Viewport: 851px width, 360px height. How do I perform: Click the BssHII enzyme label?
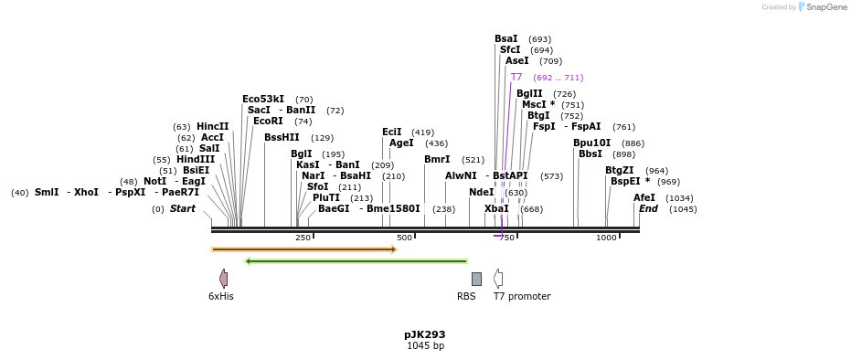(282, 138)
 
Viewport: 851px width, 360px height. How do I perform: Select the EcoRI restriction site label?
(268, 121)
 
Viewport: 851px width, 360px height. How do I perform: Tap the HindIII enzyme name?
(196, 159)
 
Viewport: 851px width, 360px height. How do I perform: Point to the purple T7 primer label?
(516, 77)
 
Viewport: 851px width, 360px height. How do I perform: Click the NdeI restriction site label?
(482, 193)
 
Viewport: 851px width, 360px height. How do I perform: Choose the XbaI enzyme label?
(496, 208)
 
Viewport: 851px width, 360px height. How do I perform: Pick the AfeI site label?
(644, 198)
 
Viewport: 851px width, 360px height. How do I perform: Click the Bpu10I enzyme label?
(592, 143)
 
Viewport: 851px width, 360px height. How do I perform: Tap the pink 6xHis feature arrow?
(223, 279)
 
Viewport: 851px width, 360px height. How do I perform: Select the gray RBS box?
(476, 279)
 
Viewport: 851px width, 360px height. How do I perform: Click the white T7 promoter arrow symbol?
(497, 279)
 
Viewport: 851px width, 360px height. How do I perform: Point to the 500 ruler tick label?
(404, 238)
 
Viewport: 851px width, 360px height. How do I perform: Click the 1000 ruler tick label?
(607, 238)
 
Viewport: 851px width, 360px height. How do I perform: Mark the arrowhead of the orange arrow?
(395, 249)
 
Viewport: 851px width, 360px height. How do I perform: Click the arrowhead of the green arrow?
(248, 261)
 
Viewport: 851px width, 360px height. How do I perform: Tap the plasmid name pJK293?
(425, 334)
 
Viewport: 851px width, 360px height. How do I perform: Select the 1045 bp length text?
(426, 345)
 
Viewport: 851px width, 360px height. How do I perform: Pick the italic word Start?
(183, 208)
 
